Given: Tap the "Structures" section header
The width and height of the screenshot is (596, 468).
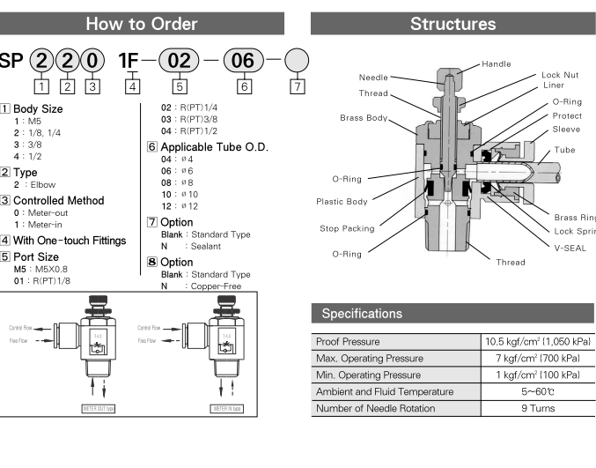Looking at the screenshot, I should click(x=453, y=25).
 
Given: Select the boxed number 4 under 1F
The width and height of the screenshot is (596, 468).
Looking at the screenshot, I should click(x=132, y=86).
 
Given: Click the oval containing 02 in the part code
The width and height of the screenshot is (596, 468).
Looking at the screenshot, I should click(x=180, y=63).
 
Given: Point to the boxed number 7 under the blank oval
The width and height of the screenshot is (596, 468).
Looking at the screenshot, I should click(x=298, y=86).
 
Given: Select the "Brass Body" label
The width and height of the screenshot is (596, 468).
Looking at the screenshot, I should click(x=364, y=117).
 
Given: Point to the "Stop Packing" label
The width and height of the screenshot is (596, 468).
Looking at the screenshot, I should click(x=346, y=228).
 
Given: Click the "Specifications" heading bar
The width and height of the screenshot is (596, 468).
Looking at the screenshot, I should click(x=363, y=314).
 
